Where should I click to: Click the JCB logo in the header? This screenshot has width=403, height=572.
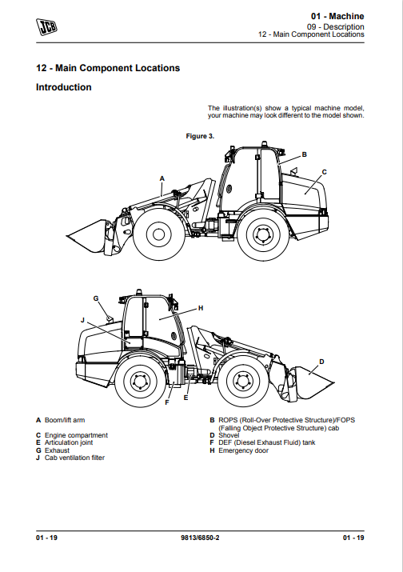pos(46,26)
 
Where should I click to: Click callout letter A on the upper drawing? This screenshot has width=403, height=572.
pos(162,178)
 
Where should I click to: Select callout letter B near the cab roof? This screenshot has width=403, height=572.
pos(305,154)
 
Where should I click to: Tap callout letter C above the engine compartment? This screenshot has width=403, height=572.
pos(324,172)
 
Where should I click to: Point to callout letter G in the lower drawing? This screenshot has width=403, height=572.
pos(96,298)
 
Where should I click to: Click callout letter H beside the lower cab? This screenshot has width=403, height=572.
pos(201,308)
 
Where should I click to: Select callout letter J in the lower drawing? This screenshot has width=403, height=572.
pos(82,320)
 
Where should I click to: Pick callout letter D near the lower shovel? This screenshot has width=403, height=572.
pos(321,362)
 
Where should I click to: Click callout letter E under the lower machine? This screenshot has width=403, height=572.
pos(186,398)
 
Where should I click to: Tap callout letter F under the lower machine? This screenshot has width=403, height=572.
pos(167,402)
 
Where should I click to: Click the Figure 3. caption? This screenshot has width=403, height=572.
pos(200,136)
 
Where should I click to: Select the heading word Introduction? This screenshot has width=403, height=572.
pos(64,87)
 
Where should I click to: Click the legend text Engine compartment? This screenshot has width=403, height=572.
pos(76,435)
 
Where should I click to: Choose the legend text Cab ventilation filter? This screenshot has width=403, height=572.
pos(75,458)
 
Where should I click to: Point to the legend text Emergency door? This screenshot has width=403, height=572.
pos(243,450)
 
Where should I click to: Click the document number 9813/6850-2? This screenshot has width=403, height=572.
pos(200,538)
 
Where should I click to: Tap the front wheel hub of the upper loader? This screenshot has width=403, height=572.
pos(158,234)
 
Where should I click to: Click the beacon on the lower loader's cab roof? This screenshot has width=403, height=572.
pos(138,292)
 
